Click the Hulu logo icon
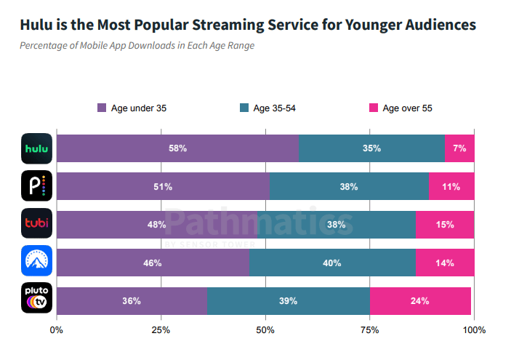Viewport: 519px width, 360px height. click(36, 148)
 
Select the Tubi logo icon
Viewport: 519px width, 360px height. click(36, 224)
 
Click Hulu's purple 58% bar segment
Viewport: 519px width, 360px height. click(177, 148)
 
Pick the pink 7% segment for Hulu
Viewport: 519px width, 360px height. click(459, 148)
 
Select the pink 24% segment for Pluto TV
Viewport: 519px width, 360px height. click(420, 301)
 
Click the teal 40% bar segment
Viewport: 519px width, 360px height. click(332, 263)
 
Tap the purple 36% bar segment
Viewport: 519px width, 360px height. click(132, 301)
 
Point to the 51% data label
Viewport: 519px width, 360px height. click(163, 187)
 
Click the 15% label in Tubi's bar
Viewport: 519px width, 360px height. click(445, 225)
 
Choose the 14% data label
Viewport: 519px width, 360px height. click(445, 263)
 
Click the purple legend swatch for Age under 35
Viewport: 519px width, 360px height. click(102, 108)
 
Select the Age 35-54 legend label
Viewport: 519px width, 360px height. click(274, 108)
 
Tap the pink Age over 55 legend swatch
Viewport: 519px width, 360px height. click(374, 108)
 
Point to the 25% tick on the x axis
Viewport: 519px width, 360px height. click(161, 330)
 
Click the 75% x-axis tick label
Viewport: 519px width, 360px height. click(370, 330)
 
